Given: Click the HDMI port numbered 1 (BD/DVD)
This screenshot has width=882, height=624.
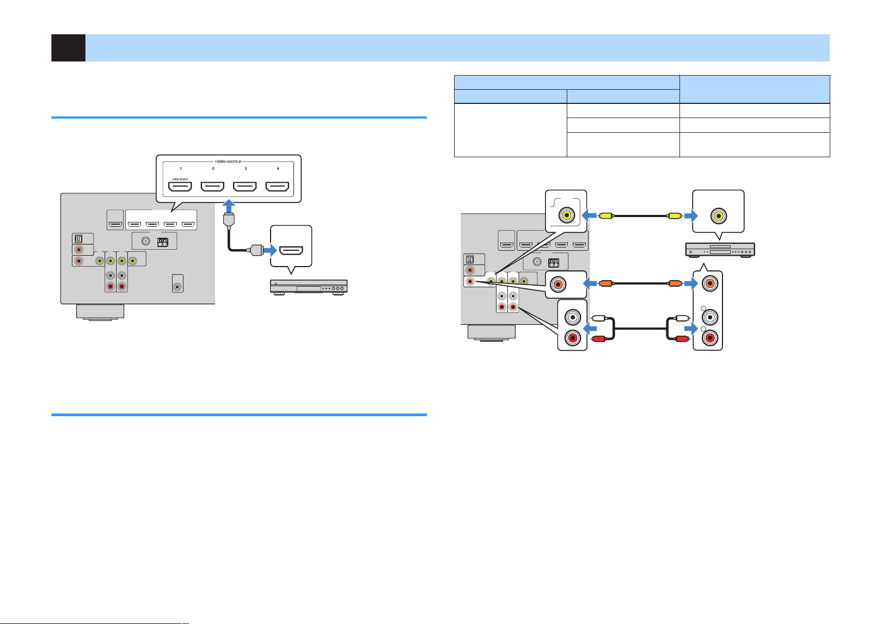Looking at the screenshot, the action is click(x=180, y=187).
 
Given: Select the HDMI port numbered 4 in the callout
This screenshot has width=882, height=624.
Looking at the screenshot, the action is click(x=277, y=187).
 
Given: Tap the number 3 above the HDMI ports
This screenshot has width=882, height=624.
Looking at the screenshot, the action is click(x=246, y=169).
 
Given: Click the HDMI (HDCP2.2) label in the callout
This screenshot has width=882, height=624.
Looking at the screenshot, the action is click(x=228, y=162).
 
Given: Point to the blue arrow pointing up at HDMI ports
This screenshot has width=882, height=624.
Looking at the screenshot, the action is click(x=229, y=206).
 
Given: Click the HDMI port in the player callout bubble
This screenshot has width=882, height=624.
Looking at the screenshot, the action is click(x=291, y=250).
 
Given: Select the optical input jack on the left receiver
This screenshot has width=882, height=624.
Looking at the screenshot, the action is click(x=79, y=239).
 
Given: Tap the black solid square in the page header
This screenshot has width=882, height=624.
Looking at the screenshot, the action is click(x=68, y=48).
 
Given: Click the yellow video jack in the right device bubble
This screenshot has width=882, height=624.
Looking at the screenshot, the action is click(x=719, y=215).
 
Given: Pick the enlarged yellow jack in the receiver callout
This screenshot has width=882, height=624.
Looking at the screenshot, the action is click(x=566, y=215).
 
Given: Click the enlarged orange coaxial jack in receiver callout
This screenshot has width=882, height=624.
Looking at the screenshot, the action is click(x=558, y=284).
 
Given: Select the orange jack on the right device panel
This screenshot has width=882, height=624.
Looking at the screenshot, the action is click(x=710, y=283).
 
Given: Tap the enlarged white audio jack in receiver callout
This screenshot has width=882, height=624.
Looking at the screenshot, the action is click(x=573, y=317).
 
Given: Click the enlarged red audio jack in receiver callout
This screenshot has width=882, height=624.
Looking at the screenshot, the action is click(x=573, y=338).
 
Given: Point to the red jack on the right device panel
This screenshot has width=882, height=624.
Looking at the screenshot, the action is click(x=710, y=338).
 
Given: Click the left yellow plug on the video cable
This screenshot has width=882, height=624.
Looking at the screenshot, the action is click(x=605, y=215).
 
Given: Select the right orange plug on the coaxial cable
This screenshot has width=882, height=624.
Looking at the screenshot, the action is click(x=675, y=283).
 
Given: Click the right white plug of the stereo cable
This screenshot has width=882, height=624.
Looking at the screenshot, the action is click(x=682, y=318).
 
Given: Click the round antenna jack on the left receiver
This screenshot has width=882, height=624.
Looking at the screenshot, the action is click(x=146, y=241).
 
